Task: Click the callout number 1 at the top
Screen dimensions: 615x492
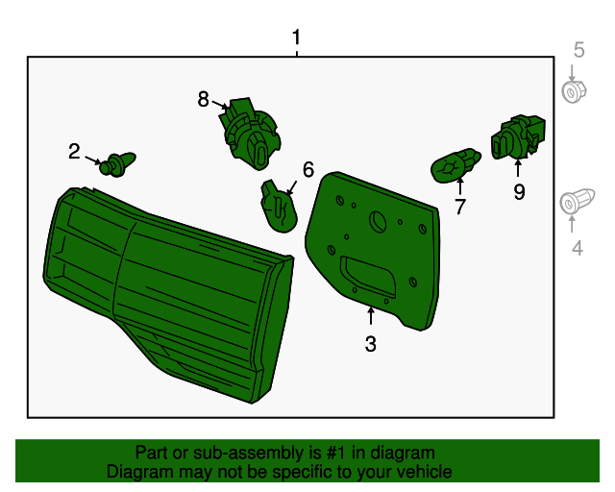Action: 297,37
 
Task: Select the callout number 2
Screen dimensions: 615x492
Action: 74,152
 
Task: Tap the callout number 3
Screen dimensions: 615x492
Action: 370,344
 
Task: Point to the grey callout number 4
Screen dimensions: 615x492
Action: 577,248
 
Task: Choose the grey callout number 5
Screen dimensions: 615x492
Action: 578,50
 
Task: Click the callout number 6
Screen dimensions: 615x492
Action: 308,169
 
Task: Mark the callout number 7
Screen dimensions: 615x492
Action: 460,207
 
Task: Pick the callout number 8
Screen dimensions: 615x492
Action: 203,99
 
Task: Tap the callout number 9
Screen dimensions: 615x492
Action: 519,192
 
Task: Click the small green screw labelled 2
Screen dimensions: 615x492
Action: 117,164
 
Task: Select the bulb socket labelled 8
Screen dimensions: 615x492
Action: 250,134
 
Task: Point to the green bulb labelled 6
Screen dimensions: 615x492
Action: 278,207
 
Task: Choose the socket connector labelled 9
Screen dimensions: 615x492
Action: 518,137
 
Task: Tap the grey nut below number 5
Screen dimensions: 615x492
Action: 574,92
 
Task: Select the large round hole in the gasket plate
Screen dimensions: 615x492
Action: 378,222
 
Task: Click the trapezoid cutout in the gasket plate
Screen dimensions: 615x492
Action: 368,276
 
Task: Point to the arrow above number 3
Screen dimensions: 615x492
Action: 370,316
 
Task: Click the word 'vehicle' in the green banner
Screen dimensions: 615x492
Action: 426,472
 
